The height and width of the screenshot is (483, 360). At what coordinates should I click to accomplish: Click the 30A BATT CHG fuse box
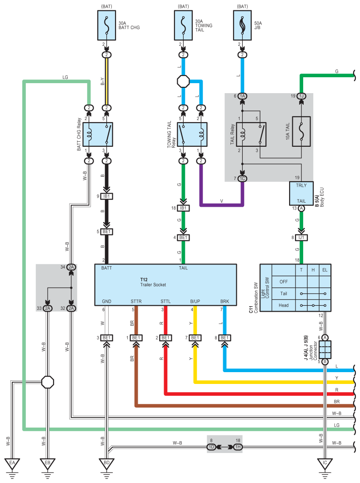click(x=107, y=25)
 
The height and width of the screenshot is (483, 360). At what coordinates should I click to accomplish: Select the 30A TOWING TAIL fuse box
click(x=183, y=25)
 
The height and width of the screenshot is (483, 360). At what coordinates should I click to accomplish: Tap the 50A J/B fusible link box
click(x=242, y=25)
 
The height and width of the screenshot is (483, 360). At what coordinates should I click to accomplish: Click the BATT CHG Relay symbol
click(x=98, y=134)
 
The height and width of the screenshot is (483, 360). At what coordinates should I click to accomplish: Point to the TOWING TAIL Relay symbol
click(x=192, y=134)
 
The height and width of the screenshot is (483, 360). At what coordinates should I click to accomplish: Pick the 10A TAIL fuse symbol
click(x=301, y=131)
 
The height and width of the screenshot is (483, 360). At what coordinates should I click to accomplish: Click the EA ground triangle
click(x=12, y=463)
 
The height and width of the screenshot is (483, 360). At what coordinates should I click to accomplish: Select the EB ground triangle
click(x=47, y=463)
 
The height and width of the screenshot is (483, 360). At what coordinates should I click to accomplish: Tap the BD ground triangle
click(x=107, y=463)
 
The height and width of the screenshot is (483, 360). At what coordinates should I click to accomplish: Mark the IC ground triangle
click(x=325, y=463)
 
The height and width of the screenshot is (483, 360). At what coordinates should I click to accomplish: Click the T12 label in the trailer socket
click(x=144, y=280)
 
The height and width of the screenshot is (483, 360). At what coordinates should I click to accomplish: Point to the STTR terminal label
click(x=136, y=301)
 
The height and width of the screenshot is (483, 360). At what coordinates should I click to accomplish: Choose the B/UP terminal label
click(x=195, y=301)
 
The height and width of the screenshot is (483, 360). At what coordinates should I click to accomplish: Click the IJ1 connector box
click(x=301, y=238)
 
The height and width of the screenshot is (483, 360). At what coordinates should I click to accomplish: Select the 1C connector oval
click(x=242, y=179)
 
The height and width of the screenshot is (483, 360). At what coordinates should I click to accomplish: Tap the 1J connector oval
click(x=301, y=96)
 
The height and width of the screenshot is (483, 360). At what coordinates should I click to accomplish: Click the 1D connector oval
click(x=211, y=447)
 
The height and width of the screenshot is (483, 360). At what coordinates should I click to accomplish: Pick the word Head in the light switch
click(x=284, y=305)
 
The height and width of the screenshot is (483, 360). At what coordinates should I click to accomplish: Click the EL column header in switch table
click(x=325, y=270)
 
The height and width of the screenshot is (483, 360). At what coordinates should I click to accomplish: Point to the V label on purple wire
click(x=222, y=201)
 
